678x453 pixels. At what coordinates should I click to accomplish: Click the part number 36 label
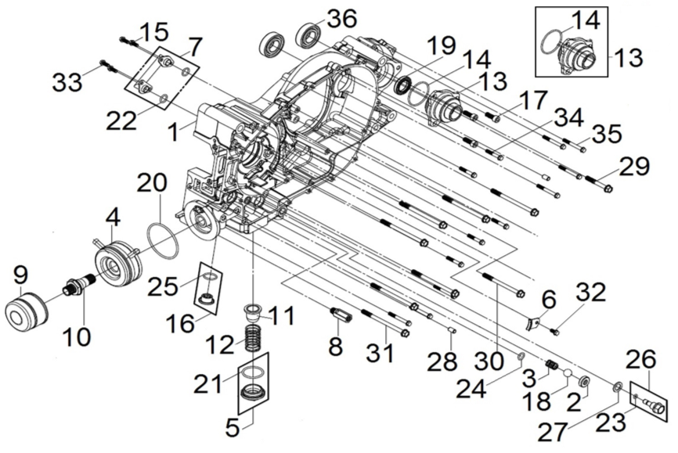[341, 18]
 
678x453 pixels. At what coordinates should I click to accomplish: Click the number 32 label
[591, 292]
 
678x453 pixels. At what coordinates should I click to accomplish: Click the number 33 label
[68, 80]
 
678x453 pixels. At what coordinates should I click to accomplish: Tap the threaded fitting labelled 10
[78, 286]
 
